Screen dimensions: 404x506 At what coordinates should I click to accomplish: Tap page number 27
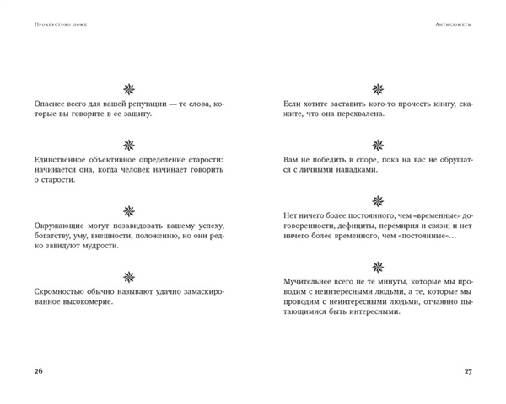tap(471, 370)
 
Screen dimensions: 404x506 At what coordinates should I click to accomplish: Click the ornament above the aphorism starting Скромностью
tap(129, 274)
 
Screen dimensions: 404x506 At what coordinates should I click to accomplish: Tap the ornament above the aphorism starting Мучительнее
tap(376, 274)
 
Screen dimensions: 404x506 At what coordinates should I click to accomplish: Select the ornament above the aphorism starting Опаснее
tap(129, 87)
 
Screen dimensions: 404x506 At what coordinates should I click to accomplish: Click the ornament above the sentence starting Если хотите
tap(376, 87)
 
